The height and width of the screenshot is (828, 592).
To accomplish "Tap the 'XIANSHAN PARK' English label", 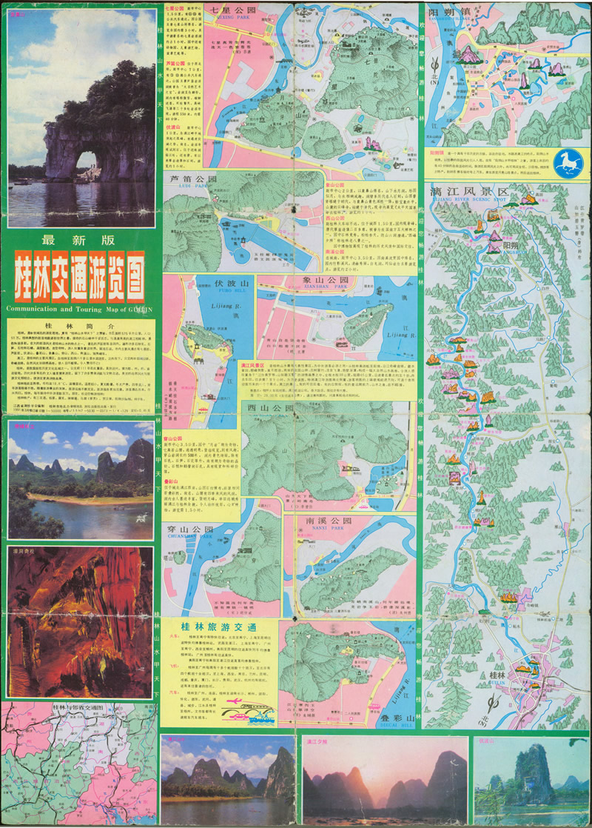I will tap(323, 290).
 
